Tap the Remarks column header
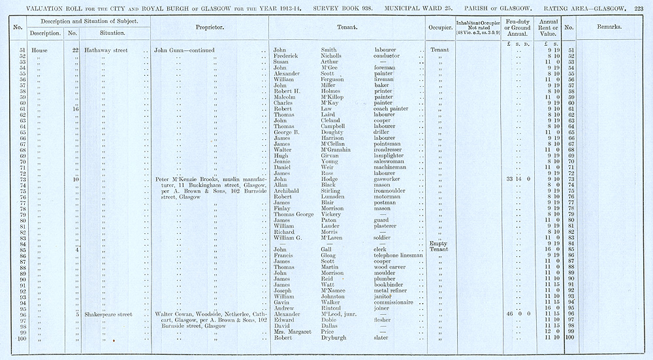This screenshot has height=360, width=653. (x=609, y=27)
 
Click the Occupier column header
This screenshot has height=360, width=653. (x=441, y=28)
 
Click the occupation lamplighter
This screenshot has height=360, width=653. (x=392, y=155)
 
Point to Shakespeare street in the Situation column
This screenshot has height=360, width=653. (x=108, y=314)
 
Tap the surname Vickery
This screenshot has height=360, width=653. (x=334, y=214)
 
